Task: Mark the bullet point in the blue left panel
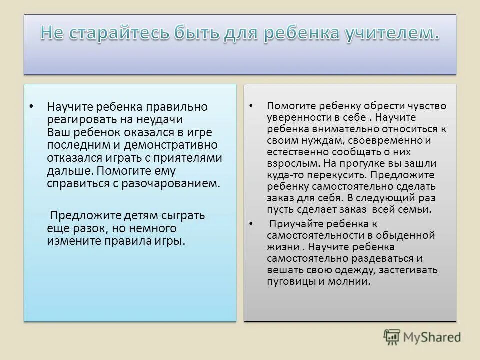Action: [31, 106]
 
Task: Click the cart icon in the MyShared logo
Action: [392, 337]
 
